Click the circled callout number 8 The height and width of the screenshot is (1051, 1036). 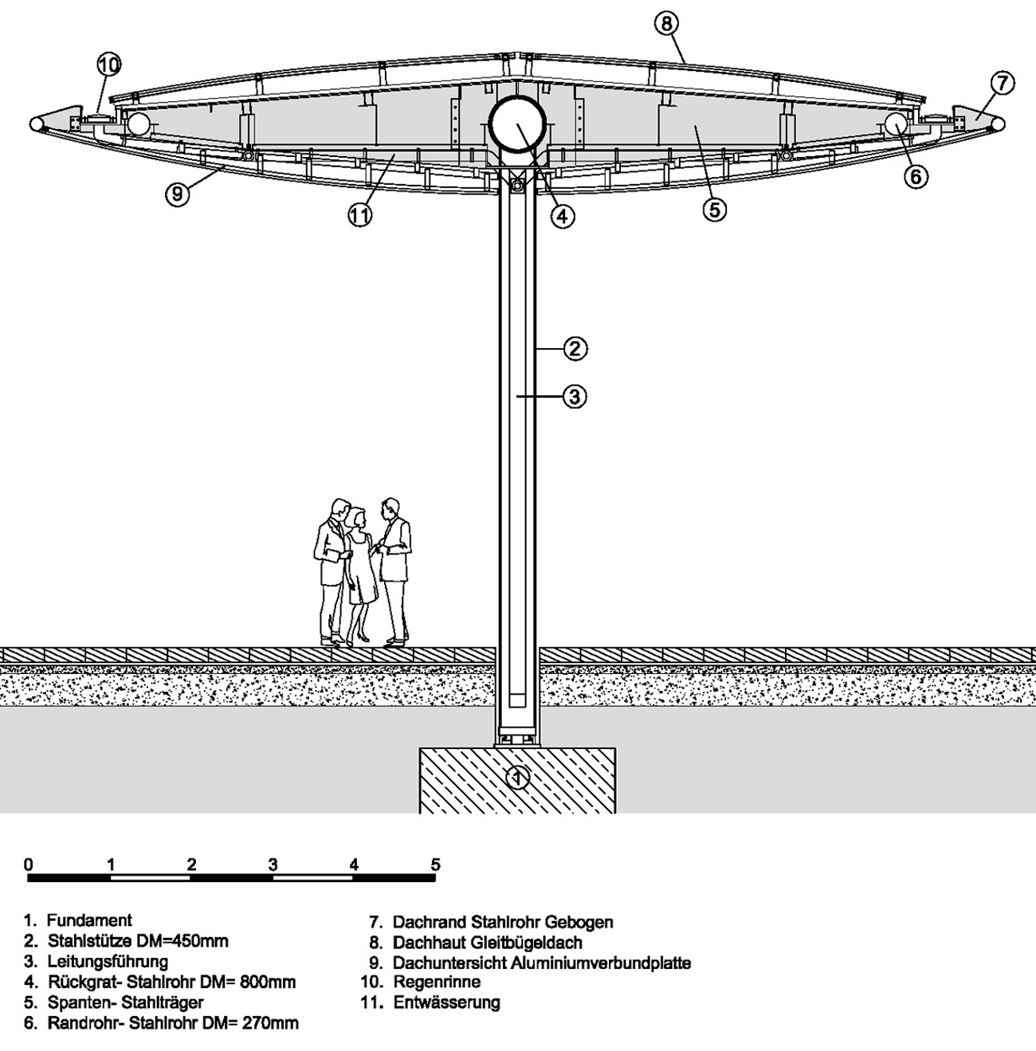pyautogui.click(x=666, y=24)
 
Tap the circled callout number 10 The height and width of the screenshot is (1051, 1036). pyautogui.click(x=109, y=64)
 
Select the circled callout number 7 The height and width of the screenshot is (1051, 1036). pyautogui.click(x=1002, y=82)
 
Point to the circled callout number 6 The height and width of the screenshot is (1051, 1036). pyautogui.click(x=916, y=176)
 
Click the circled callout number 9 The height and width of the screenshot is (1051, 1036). pyautogui.click(x=178, y=194)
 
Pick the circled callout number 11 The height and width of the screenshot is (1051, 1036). pyautogui.click(x=360, y=215)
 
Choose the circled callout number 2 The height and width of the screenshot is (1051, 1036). pyautogui.click(x=575, y=347)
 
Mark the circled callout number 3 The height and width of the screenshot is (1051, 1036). pyautogui.click(x=575, y=395)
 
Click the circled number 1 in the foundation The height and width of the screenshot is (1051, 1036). pyautogui.click(x=518, y=776)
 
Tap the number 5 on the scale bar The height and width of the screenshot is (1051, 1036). pyautogui.click(x=435, y=865)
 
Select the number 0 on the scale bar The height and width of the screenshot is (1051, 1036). pyautogui.click(x=29, y=865)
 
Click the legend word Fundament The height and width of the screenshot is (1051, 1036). pyautogui.click(x=89, y=920)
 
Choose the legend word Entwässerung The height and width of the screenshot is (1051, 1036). pyautogui.click(x=446, y=1002)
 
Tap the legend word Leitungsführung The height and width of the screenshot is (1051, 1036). pyautogui.click(x=108, y=961)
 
